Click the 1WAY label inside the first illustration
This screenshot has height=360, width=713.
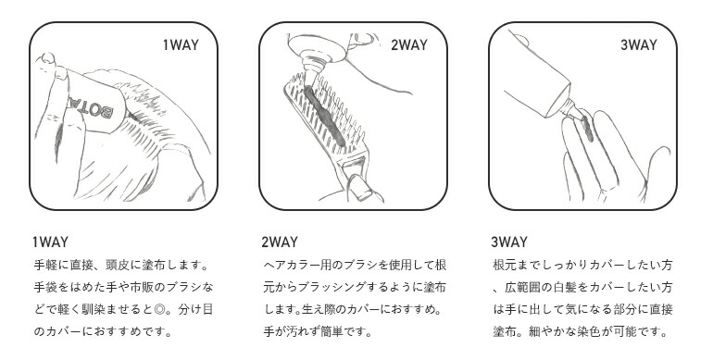tap(181, 45)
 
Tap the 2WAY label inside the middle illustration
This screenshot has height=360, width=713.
tap(409, 45)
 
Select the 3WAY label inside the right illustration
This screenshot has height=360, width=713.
tap(639, 45)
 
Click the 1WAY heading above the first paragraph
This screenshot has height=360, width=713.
tap(51, 242)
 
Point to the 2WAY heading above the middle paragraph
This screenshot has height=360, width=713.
tap(280, 242)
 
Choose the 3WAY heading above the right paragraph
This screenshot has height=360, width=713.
tap(509, 242)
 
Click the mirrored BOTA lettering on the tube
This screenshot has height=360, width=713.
tap(91, 106)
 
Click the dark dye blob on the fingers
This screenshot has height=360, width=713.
tap(587, 129)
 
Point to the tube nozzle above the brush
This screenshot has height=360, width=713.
tap(312, 73)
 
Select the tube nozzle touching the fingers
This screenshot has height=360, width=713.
tap(572, 111)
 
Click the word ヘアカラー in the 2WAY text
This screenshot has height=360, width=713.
tap(290, 265)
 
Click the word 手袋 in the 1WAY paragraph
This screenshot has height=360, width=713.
tap(45, 287)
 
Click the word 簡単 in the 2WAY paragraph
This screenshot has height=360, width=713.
tap(331, 332)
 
